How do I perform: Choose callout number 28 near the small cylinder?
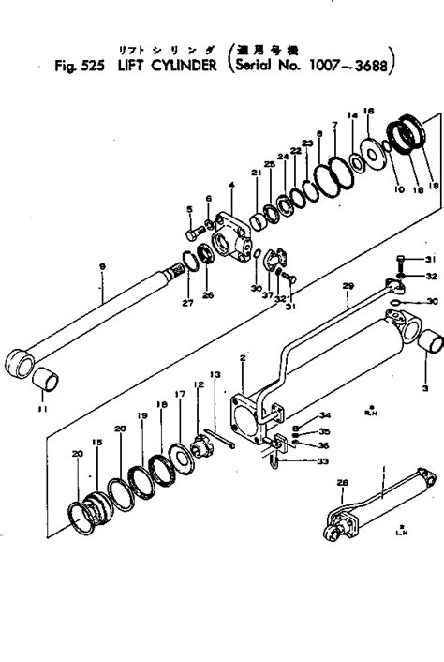341,482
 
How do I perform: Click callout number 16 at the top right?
367,111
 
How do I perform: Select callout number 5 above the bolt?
188,208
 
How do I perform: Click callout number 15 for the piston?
94,442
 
